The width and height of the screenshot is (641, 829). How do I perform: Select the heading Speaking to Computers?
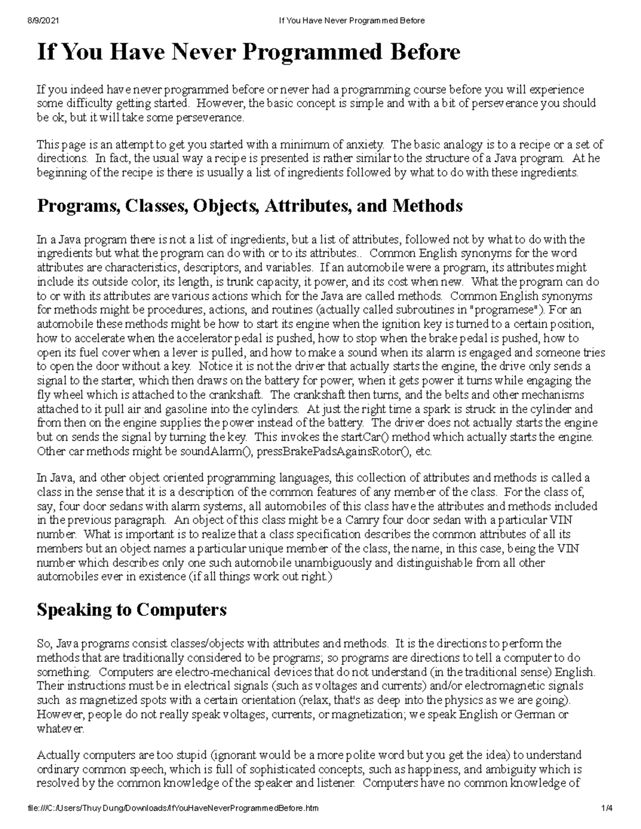click(x=131, y=610)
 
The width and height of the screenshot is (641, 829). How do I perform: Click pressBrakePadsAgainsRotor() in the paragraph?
click(x=333, y=451)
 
